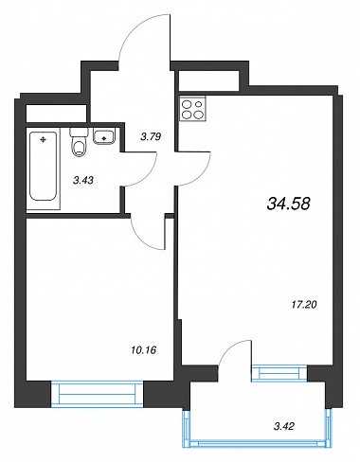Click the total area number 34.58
click(289, 204)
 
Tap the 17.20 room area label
click(303, 305)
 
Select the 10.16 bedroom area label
click(143, 350)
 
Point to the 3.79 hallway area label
click(151, 137)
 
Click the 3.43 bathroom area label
click(83, 181)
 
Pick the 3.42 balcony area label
click(284, 427)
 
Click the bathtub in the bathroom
click(44, 166)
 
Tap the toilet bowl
click(79, 147)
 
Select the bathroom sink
click(103, 137)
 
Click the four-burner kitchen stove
click(192, 109)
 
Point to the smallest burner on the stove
click(199, 103)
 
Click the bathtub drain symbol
click(44, 139)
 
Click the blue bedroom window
click(98, 393)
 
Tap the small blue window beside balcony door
click(279, 373)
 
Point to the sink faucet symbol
click(103, 137)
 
